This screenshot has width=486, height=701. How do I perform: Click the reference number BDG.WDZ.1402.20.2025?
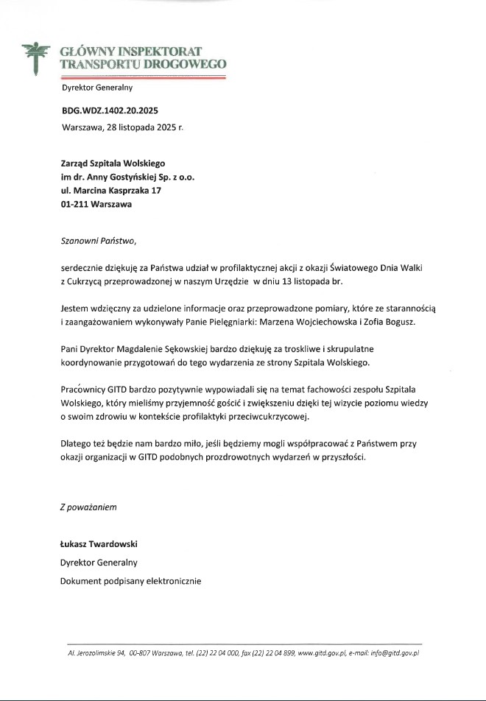coord(110,110)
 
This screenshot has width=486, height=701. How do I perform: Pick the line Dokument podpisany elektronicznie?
coord(131,580)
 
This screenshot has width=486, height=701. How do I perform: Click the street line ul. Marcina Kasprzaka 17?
coord(110,191)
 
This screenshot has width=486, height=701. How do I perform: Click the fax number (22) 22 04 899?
coord(269,652)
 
